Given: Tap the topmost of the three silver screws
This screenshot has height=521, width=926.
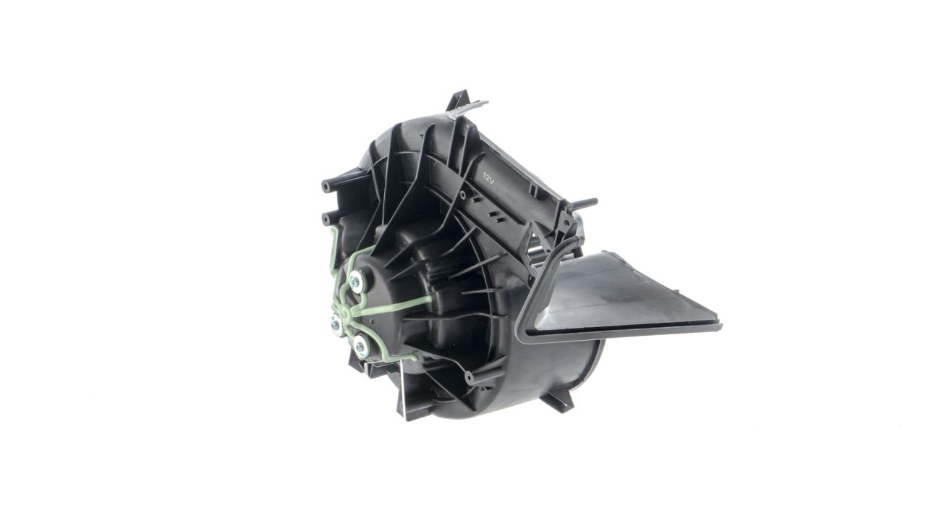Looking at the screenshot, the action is [x=357, y=280].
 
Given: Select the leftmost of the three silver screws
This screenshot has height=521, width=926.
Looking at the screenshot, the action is [x=336, y=324].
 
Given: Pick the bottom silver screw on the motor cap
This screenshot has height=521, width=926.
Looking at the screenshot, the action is [x=360, y=344].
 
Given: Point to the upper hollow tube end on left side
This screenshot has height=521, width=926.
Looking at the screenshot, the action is [x=326, y=185].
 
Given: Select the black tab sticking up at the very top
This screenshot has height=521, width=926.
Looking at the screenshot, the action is [x=458, y=99].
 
